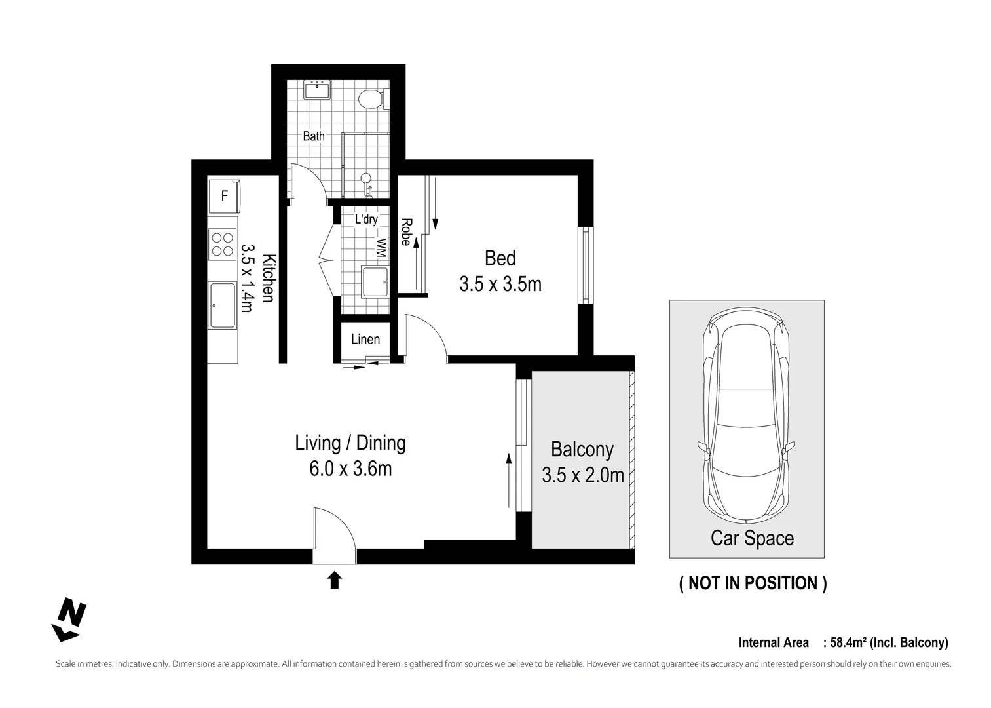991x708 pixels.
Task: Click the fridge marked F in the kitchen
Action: [224, 195]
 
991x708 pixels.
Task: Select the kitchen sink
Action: [223, 305]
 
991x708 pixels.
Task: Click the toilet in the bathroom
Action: [371, 98]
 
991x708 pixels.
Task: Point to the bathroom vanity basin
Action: [318, 90]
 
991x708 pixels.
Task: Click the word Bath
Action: [314, 136]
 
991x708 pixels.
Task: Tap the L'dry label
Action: [366, 219]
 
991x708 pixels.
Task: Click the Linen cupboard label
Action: [365, 339]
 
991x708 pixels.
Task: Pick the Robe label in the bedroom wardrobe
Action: [406, 232]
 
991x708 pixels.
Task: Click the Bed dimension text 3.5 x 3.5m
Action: [500, 285]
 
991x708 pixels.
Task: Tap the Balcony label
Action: [582, 450]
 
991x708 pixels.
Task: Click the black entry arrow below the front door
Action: [335, 580]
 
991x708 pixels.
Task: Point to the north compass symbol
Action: [69, 619]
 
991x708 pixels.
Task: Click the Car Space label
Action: [752, 539]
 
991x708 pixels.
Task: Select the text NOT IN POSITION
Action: [753, 583]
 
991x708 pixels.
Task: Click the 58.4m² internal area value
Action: [851, 643]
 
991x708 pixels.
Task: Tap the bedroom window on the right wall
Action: [585, 265]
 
